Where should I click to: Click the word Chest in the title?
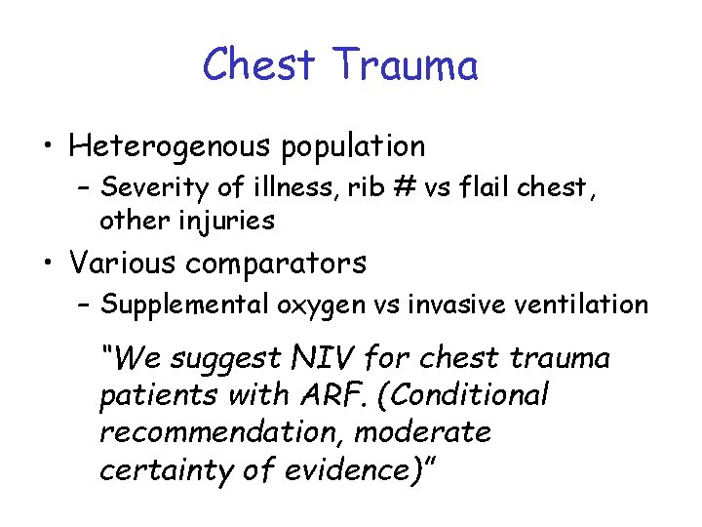(260, 66)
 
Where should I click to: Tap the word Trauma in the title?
(406, 66)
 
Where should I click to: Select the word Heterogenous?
(171, 146)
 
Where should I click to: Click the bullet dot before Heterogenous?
(45, 147)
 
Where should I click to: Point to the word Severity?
(144, 185)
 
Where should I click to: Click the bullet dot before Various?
(45, 263)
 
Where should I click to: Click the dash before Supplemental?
(86, 305)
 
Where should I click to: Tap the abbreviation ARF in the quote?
(315, 395)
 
